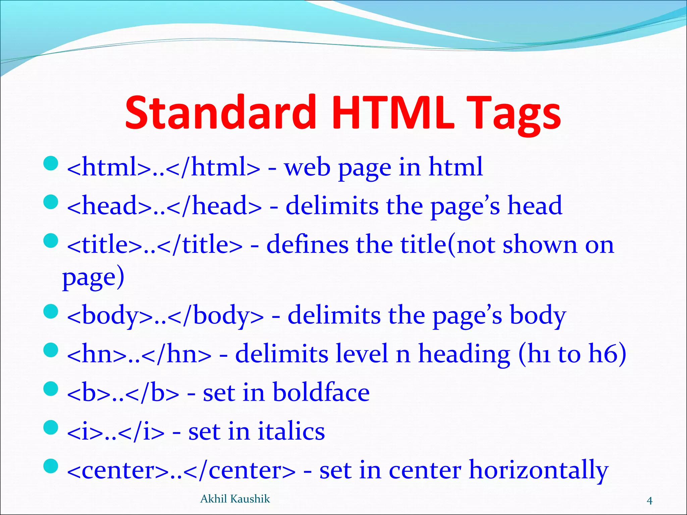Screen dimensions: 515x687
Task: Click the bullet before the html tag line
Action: [51, 163]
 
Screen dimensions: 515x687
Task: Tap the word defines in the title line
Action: [307, 244]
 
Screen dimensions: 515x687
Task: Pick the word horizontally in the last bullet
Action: [538, 470]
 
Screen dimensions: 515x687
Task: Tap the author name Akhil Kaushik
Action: [235, 499]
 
